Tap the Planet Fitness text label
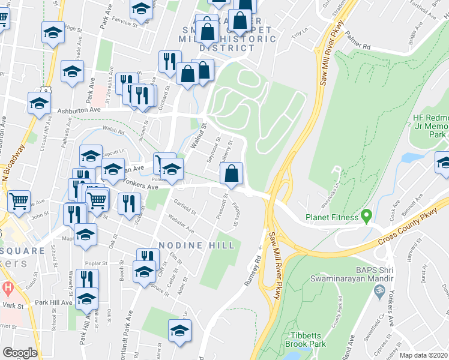point(331,217)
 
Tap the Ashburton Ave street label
point(78,110)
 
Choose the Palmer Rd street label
point(359,41)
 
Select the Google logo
point(20,353)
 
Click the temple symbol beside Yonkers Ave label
point(379,292)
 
